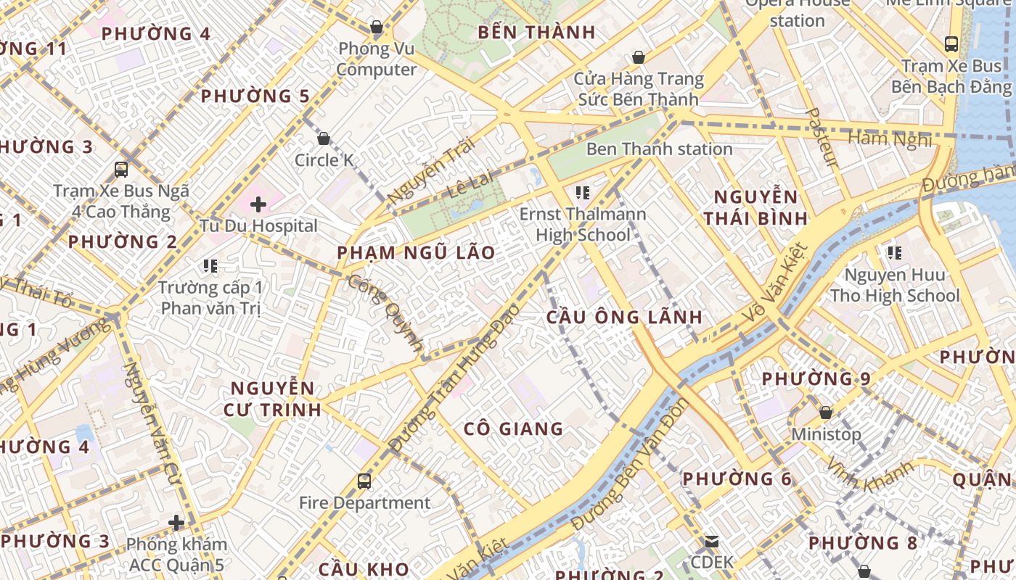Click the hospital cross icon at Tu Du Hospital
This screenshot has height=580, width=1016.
258,204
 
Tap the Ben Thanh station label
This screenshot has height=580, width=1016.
659,149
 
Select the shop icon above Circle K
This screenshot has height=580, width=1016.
324,138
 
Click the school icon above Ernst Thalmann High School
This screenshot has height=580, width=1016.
582,193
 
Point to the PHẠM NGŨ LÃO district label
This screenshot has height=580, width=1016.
417,253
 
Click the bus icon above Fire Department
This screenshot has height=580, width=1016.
364,481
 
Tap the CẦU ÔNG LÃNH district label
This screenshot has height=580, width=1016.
624,317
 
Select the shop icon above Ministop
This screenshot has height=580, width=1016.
825,413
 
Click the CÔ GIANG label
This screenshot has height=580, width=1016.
514,428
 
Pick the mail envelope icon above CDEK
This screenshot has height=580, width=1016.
711,541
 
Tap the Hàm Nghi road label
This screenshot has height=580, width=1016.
889,138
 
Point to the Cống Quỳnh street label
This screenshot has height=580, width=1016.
385,312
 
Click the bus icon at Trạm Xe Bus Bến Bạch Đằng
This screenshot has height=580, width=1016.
951,43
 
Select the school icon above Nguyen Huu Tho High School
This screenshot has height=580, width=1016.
894,253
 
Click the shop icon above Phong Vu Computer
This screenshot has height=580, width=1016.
376,28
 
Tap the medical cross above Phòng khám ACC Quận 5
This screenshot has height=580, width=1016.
176,523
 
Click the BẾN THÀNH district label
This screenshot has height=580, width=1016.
537,33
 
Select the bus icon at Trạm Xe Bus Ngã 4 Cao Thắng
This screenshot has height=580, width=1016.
121,170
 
